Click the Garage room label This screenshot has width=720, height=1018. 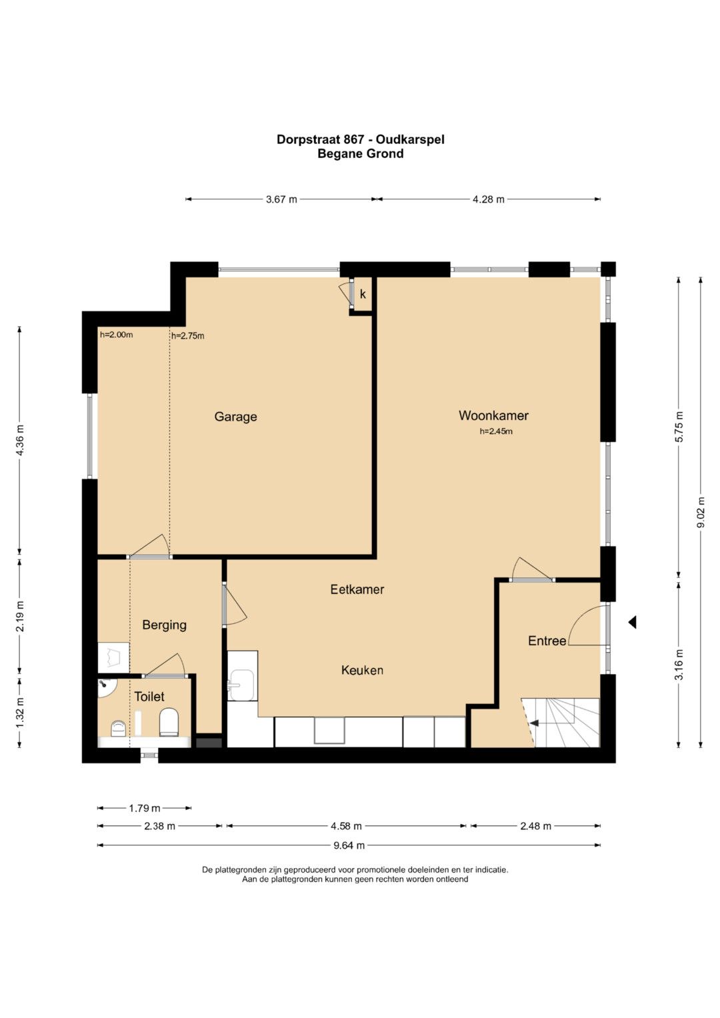(x=235, y=417)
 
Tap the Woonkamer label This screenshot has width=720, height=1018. (x=493, y=415)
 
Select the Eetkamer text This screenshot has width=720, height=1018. (x=357, y=589)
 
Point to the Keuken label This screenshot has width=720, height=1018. (x=362, y=670)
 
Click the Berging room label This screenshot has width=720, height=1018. (x=164, y=625)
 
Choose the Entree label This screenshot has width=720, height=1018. (x=547, y=641)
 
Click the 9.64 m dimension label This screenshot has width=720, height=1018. (x=349, y=845)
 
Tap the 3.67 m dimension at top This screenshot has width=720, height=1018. (x=281, y=199)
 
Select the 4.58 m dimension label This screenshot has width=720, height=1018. (x=347, y=826)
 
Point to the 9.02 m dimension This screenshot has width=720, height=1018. (x=701, y=512)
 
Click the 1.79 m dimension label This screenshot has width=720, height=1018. (x=145, y=808)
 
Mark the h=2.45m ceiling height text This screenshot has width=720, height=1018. (x=496, y=431)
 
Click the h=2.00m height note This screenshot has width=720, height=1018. (x=117, y=335)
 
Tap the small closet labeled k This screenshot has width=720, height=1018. (x=363, y=295)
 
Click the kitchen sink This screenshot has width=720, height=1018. (x=241, y=685)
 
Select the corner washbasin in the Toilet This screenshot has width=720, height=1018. (x=107, y=687)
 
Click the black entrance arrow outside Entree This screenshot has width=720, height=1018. (x=632, y=622)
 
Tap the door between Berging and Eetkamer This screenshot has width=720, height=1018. (x=225, y=605)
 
